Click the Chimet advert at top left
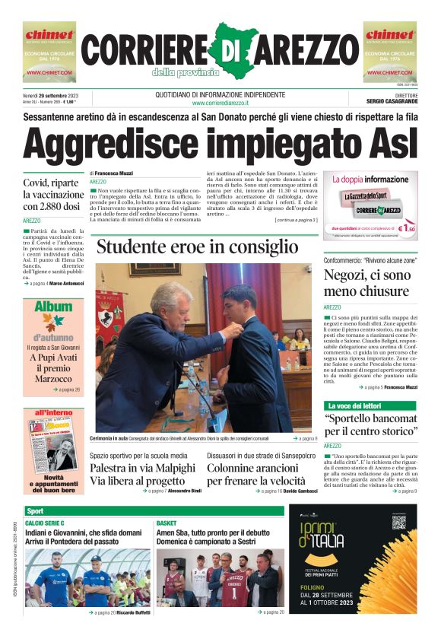[x=49, y=51]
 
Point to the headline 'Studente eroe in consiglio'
[x=198, y=246]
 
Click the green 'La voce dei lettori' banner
[x=354, y=406]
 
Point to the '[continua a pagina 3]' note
[x=296, y=220]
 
